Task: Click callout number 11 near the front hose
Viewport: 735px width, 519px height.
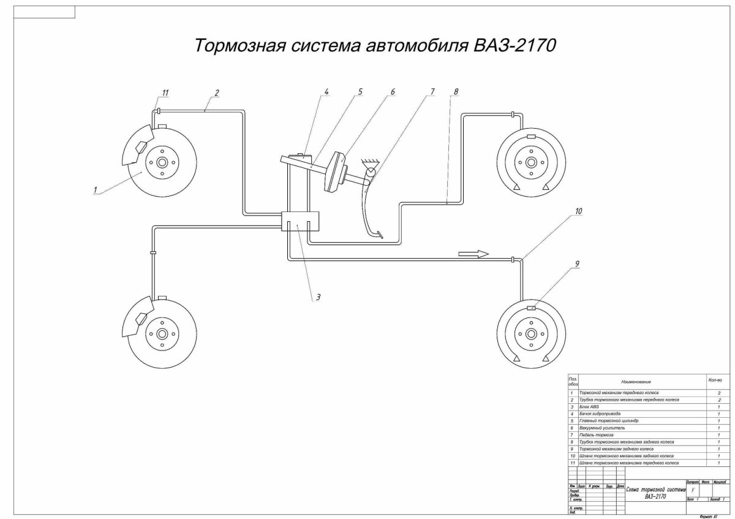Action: click(x=165, y=93)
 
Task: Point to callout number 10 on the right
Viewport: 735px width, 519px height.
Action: click(x=578, y=211)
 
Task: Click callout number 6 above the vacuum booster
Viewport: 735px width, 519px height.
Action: click(x=393, y=92)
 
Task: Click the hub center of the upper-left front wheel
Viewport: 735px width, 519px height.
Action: click(x=162, y=164)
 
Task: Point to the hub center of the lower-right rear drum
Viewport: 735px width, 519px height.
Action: click(x=530, y=334)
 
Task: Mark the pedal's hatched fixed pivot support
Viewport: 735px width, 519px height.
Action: click(x=369, y=162)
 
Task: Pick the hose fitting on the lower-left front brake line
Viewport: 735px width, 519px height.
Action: click(x=153, y=251)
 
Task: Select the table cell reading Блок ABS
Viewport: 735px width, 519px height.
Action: click(x=589, y=406)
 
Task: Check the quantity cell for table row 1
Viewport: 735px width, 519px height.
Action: click(x=718, y=392)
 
